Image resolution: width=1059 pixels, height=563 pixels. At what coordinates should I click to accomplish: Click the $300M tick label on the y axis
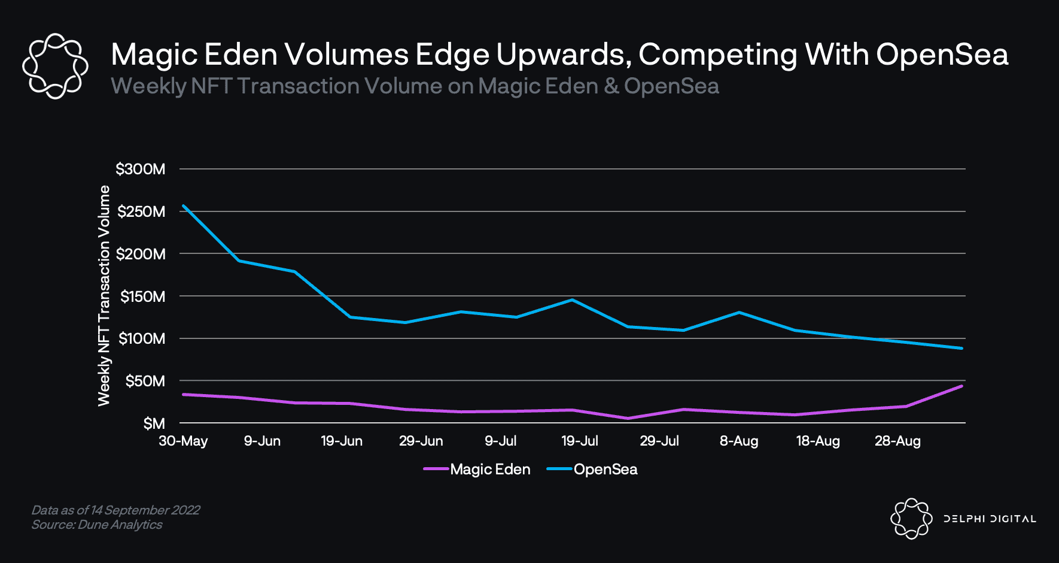(141, 169)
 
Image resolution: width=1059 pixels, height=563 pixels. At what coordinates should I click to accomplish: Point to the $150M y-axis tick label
(142, 296)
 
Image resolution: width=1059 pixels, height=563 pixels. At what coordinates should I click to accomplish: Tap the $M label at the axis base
(154, 424)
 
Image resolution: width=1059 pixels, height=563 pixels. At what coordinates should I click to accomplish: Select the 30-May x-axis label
(183, 441)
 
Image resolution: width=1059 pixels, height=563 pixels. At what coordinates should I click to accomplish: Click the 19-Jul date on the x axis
(579, 441)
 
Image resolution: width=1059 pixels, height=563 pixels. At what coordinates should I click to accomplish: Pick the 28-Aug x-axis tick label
(897, 441)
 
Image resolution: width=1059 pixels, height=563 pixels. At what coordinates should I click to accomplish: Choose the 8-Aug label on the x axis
(739, 441)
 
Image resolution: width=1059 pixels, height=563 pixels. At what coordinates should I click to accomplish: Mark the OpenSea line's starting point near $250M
(183, 205)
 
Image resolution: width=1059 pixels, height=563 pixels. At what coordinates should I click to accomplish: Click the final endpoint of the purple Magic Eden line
(961, 386)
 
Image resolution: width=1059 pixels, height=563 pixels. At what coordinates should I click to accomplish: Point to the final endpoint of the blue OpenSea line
(961, 348)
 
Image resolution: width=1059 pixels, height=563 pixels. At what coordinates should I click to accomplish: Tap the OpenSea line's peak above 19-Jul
(573, 299)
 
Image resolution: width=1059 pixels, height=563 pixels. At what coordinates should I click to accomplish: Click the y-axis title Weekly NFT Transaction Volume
(104, 296)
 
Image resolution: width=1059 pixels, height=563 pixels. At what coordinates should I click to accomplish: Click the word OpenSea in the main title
(942, 55)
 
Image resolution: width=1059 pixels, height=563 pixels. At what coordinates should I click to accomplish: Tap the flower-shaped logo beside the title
(55, 66)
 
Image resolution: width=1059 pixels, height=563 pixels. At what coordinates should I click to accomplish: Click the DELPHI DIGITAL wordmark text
(990, 519)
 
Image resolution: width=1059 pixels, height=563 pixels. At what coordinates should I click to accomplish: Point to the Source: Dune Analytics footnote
(97, 525)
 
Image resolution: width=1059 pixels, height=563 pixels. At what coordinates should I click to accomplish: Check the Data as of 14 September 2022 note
(115, 510)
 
